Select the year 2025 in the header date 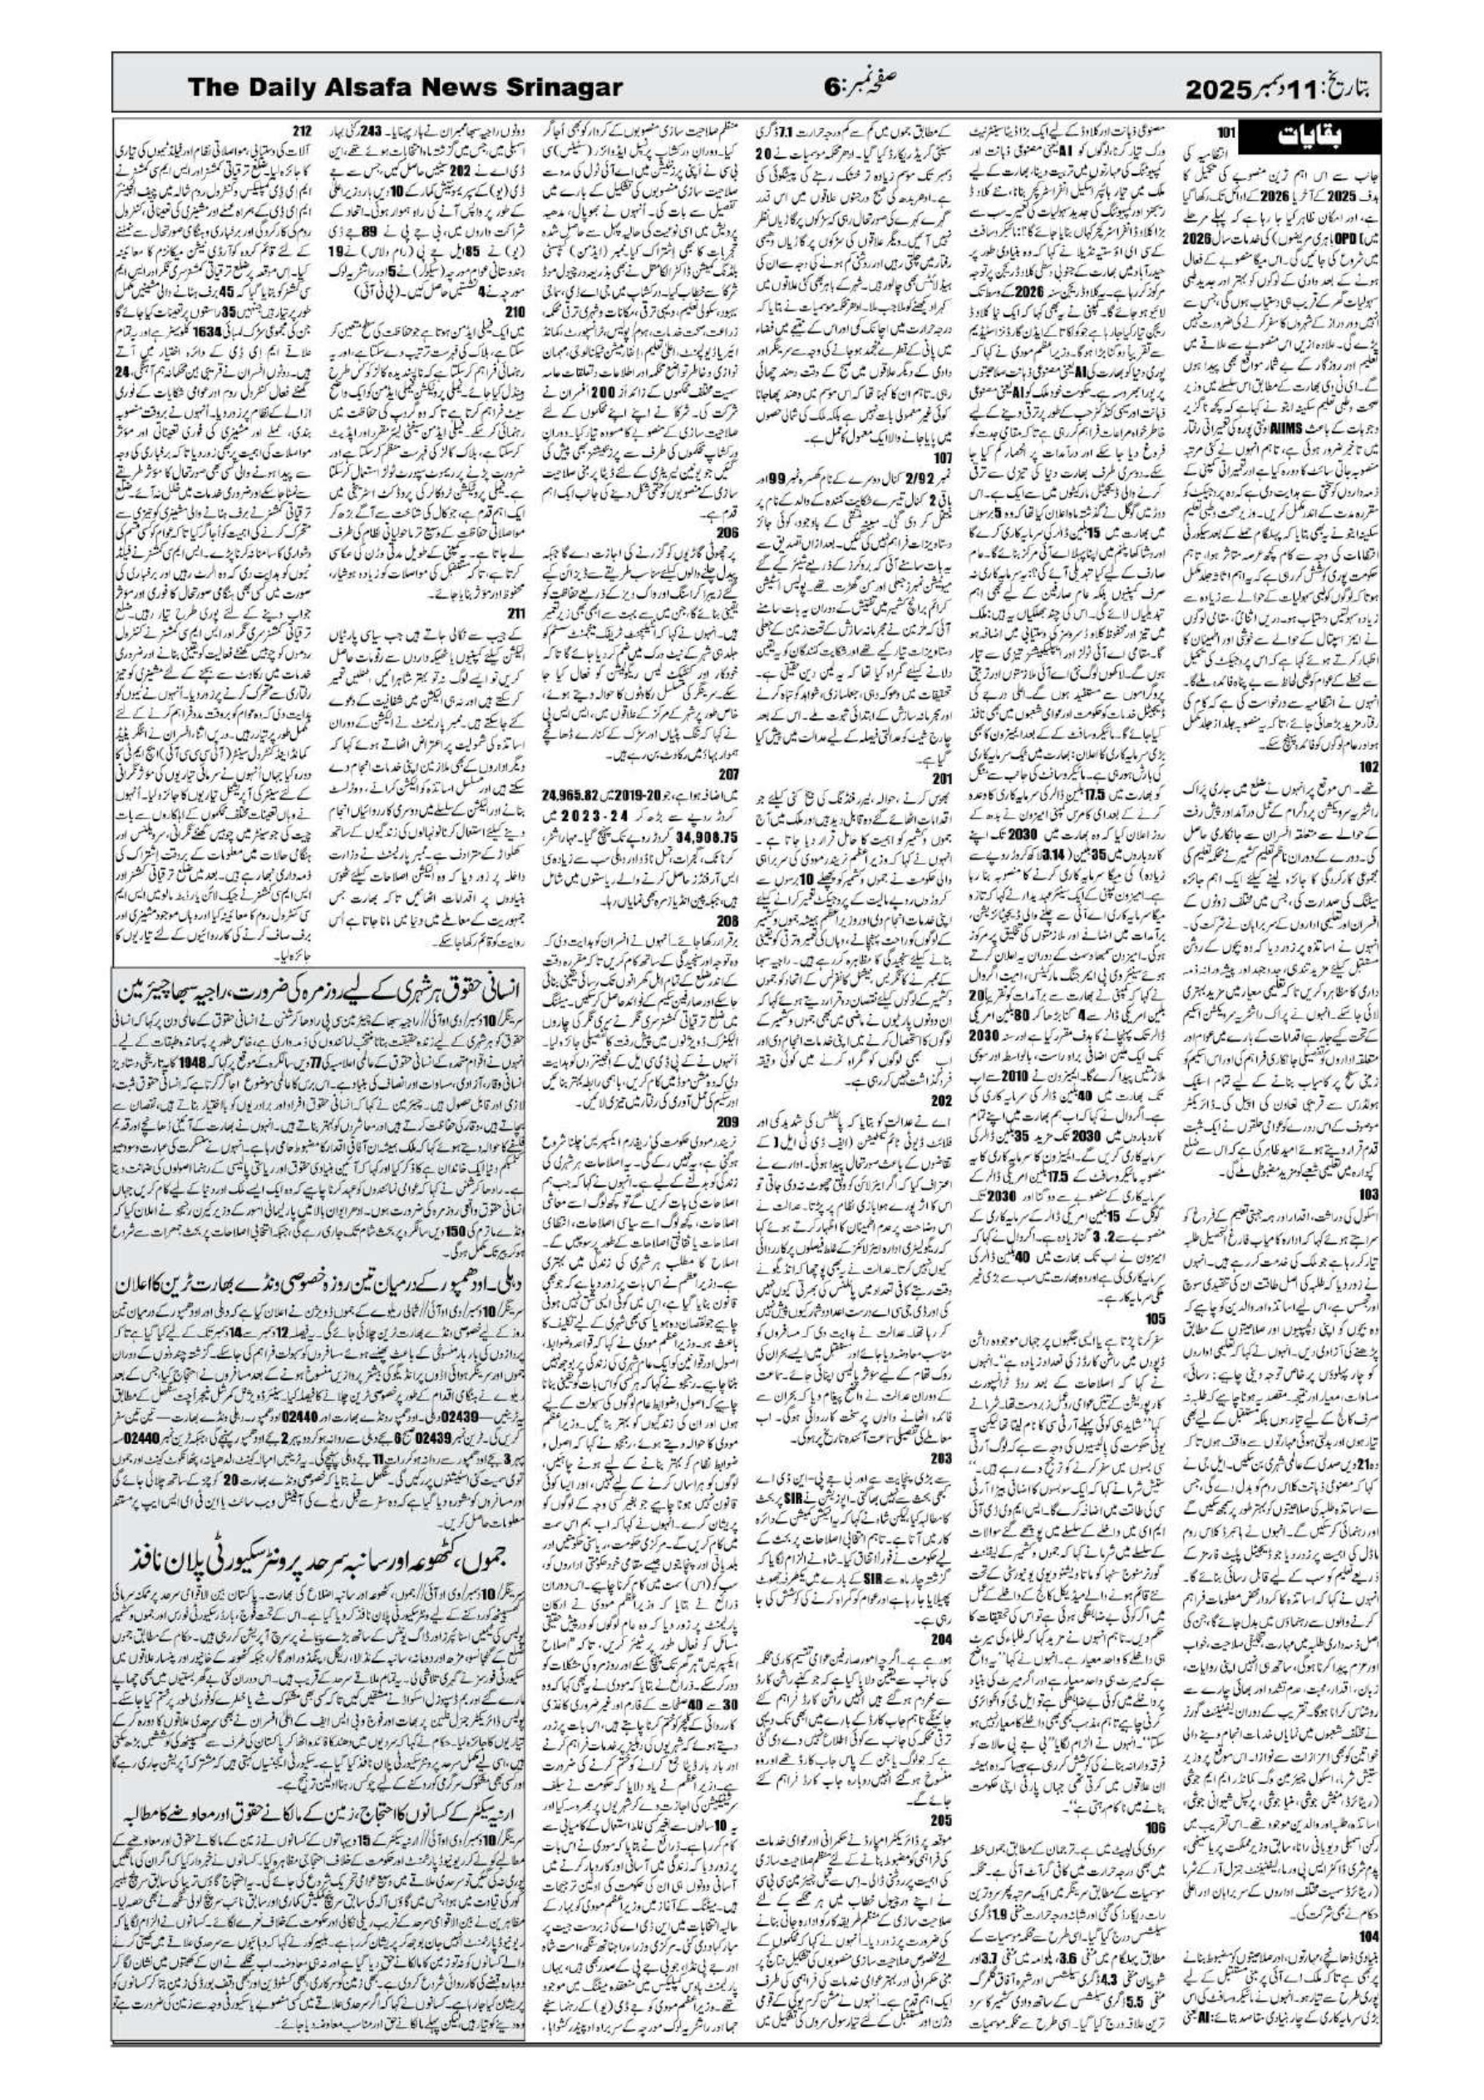[1224, 90]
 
